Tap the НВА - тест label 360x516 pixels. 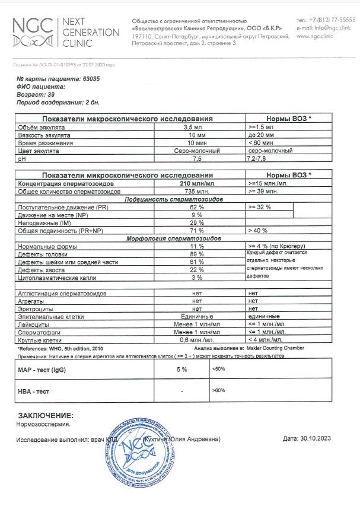[34, 391]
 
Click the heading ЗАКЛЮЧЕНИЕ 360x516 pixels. [46, 416]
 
